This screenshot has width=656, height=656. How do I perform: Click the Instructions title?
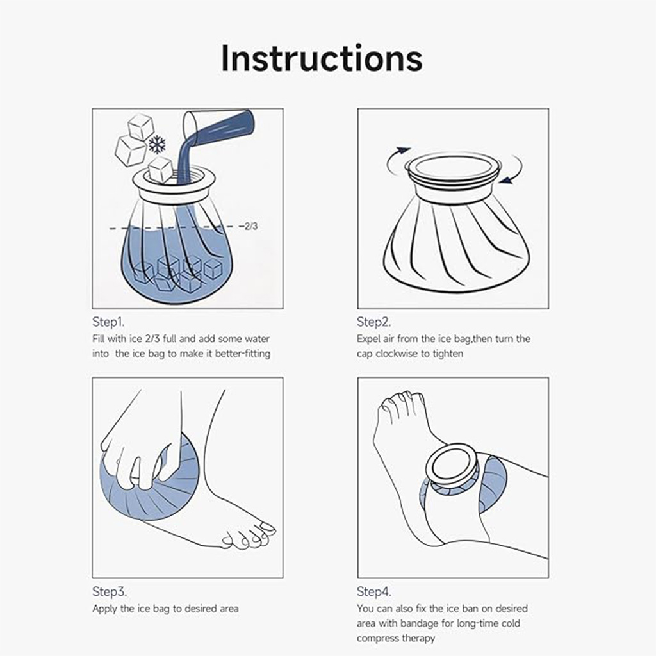click(322, 58)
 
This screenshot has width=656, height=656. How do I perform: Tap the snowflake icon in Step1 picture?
click(157, 144)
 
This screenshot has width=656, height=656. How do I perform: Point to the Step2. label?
click(373, 322)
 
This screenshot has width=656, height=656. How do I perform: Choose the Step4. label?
click(374, 591)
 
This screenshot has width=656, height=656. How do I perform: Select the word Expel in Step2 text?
click(369, 339)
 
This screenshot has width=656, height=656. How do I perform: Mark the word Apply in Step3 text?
click(104, 609)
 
